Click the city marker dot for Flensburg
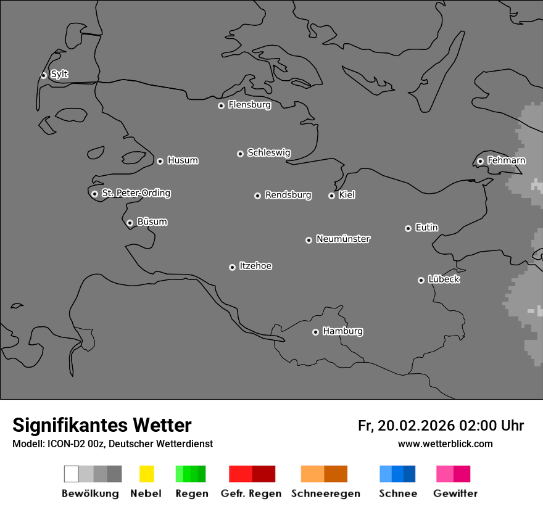coord(221,105)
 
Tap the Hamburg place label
coord(342,331)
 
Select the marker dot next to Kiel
coord(331,196)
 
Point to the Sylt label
coord(59,74)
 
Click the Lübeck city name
coord(444,279)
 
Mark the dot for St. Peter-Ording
coord(94,194)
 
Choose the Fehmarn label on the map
coord(506,160)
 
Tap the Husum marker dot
coord(160,161)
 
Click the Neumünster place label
coord(343,239)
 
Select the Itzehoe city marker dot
coord(232,267)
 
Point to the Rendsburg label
coord(288,195)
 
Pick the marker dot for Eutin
coord(408,228)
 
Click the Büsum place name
coord(152,221)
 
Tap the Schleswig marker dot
coord(240,154)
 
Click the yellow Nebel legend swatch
coord(146,474)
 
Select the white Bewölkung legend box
coord(72,474)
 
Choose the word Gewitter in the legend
coord(455,493)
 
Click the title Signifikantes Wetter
coord(102,425)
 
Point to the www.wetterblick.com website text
coord(445,444)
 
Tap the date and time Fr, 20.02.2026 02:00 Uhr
coord(441,426)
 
